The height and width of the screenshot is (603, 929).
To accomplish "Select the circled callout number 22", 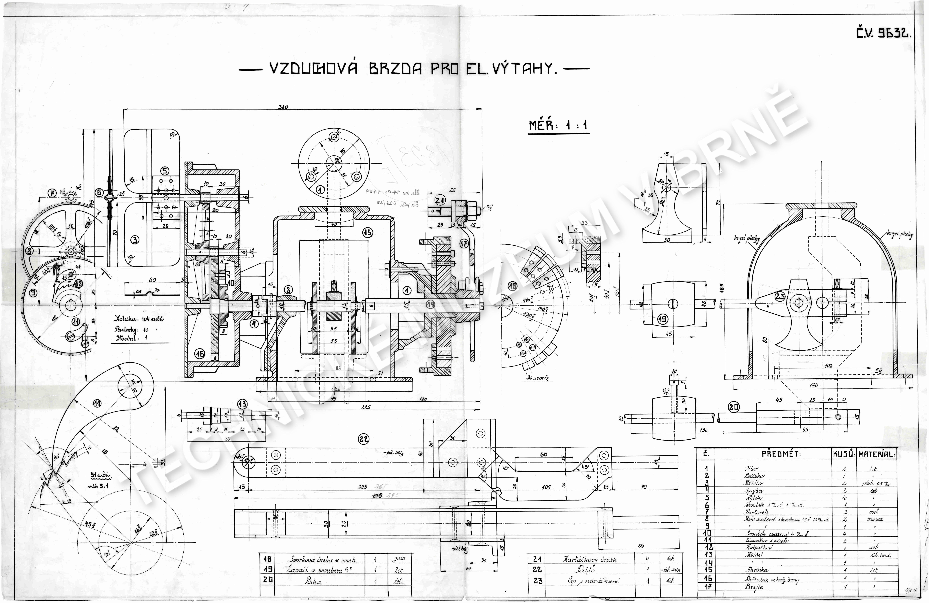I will click(x=363, y=439).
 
